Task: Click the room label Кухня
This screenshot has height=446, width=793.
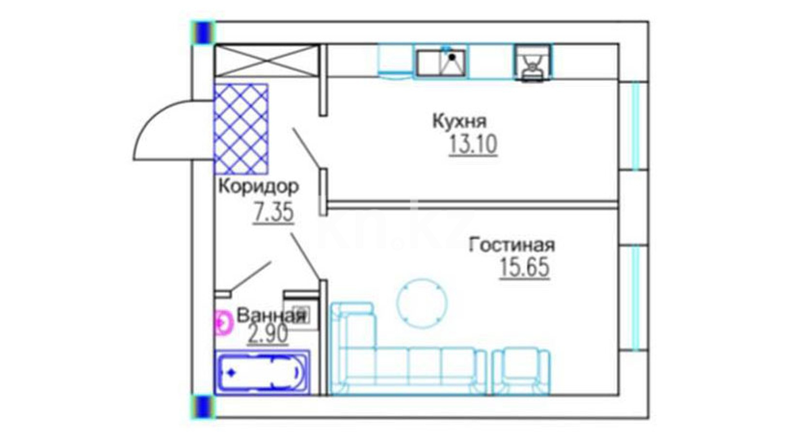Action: (459, 121)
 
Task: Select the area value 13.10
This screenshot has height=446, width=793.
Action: (473, 145)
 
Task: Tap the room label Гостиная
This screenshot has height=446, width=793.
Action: (511, 245)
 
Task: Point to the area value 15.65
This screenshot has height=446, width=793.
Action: (524, 268)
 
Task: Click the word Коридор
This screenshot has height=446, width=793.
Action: (259, 186)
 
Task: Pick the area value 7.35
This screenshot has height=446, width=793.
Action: (273, 212)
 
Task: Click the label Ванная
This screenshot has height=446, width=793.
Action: (271, 316)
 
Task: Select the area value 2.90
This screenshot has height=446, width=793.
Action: (268, 334)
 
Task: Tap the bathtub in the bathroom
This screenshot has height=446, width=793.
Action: (262, 372)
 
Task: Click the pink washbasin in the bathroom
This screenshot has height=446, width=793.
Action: (223, 323)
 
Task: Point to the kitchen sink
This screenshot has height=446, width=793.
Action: (441, 62)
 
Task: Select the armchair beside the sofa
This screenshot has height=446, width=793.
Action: (521, 372)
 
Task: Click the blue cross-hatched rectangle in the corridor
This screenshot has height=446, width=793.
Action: (241, 129)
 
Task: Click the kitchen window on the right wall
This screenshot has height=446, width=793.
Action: (634, 126)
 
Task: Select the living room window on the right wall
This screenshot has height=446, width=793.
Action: (634, 298)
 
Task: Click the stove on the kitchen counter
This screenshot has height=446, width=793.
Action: (533, 63)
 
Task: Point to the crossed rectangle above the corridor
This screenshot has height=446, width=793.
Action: (267, 61)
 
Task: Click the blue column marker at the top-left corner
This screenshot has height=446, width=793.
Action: (204, 33)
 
